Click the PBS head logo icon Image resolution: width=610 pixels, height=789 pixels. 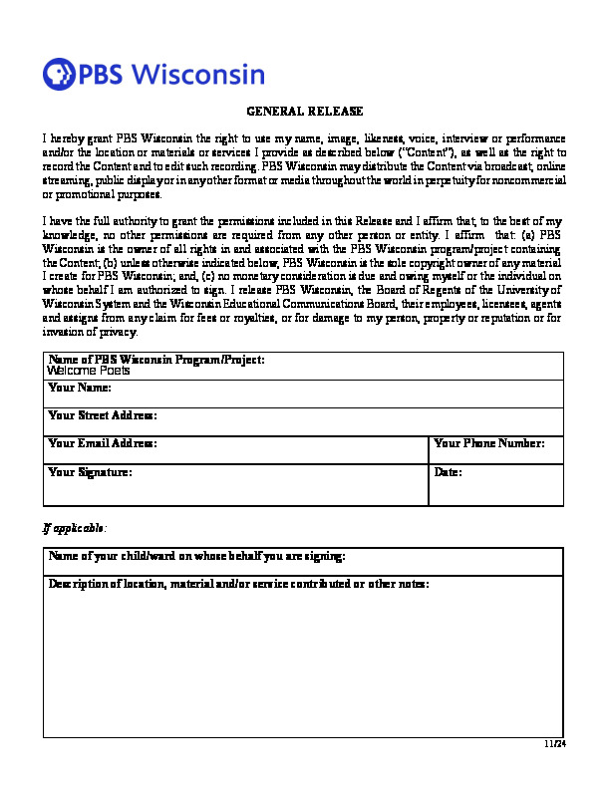click(59, 74)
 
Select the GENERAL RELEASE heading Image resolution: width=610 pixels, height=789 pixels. click(304, 112)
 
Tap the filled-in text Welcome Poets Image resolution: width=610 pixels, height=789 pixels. click(89, 370)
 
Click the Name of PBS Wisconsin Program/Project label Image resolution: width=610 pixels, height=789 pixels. click(156, 359)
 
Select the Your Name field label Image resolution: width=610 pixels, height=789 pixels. click(80, 388)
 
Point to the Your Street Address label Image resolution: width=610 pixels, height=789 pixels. click(103, 414)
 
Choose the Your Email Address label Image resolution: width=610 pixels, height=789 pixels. click(103, 443)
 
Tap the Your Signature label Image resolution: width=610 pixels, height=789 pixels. click(90, 472)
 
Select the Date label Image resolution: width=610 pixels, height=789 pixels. click(449, 472)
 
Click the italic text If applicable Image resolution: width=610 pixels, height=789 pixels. click(75, 526)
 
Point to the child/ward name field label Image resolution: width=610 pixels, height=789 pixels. click(197, 556)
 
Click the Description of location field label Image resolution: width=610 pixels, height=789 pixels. click(239, 584)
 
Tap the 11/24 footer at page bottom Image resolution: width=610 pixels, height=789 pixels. click(555, 743)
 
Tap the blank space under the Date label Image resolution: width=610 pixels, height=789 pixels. click(496, 489)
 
